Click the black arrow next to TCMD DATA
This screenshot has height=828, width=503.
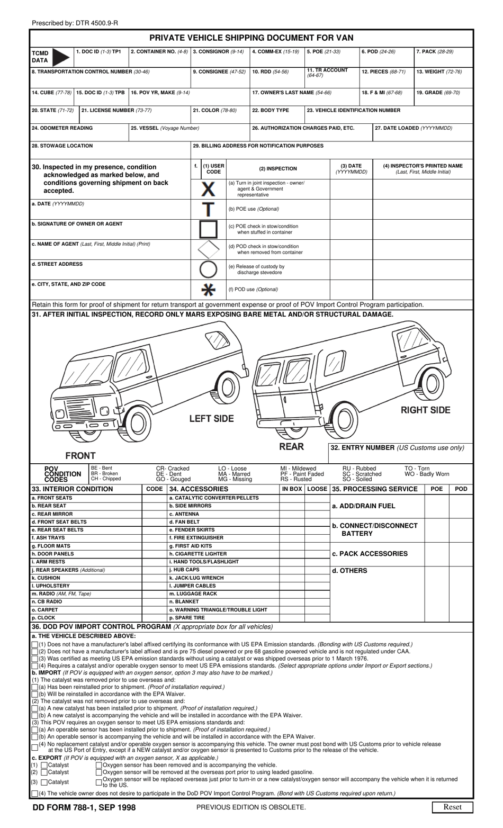61,56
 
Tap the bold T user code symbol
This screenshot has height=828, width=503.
209,209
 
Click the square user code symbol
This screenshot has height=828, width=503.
208,229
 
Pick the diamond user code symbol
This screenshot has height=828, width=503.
208,249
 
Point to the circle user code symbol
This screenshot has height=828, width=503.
208,269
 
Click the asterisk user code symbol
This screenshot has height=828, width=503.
209,290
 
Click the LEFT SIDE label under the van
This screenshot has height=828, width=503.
211,419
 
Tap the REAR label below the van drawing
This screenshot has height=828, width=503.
291,446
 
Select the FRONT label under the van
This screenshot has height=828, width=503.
80,455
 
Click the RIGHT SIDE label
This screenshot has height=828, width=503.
425,410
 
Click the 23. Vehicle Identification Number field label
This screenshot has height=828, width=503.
354,111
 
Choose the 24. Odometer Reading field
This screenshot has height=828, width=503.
79,132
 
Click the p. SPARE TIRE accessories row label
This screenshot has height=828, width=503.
187,618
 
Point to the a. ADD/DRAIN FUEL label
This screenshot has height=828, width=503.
363,506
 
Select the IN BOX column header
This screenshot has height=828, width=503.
292,489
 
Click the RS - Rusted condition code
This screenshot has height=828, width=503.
295,479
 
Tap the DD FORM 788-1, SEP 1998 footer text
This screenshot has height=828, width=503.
84,807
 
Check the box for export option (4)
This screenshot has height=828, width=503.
35,794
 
